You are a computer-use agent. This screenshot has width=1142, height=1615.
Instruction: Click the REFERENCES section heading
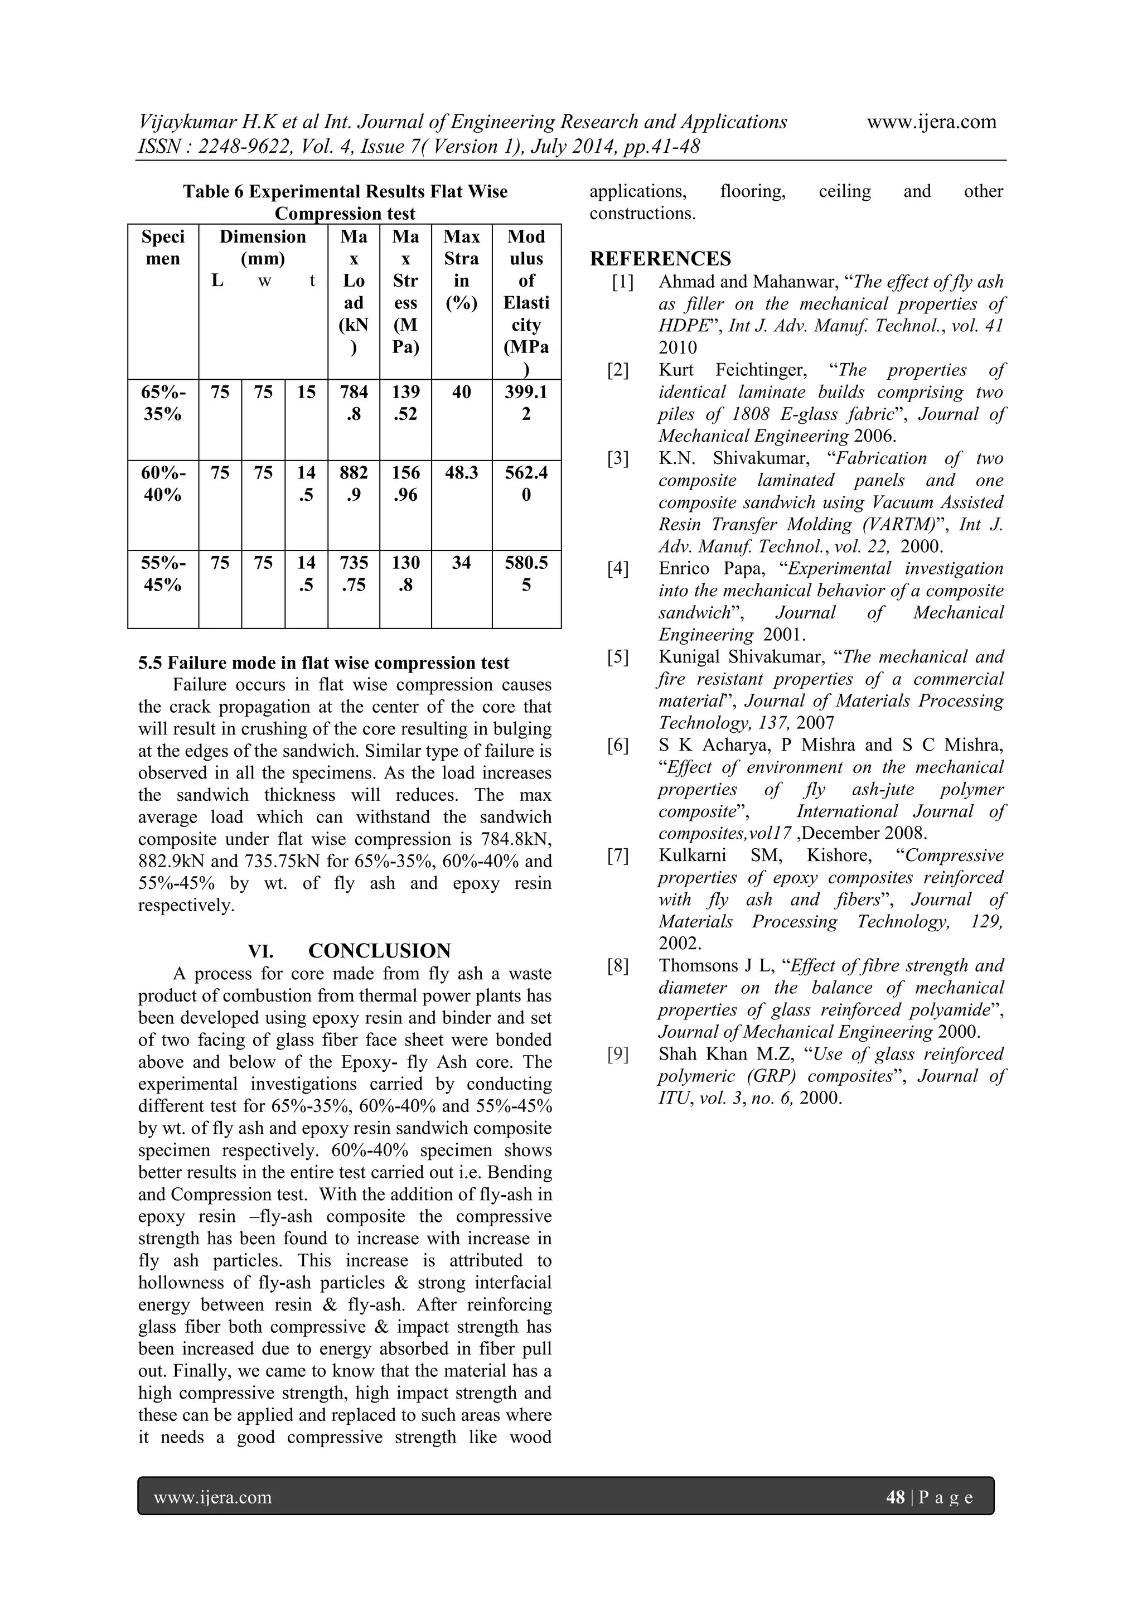[x=660, y=259]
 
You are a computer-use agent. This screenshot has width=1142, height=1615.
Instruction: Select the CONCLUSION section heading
[x=379, y=951]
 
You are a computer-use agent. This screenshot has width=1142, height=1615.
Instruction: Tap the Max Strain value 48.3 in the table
[x=461, y=473]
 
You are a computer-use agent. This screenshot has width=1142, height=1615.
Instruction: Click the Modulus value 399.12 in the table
[x=526, y=402]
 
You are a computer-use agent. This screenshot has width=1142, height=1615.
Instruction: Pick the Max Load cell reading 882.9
[x=353, y=483]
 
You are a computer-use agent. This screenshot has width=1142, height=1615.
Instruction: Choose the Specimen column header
[x=163, y=248]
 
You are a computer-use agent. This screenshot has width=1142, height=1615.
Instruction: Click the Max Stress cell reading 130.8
[x=406, y=573]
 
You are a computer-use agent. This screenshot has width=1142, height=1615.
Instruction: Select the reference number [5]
[x=618, y=657]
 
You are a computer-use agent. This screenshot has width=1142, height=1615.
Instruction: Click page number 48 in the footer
[x=895, y=1497]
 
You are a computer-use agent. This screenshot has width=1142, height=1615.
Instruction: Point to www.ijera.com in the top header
[x=931, y=122]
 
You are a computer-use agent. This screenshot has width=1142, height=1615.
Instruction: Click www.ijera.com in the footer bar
[x=212, y=1497]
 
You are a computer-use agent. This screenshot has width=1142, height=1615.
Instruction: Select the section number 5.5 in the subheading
[x=150, y=663]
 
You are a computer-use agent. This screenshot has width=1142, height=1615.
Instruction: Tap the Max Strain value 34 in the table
[x=461, y=563]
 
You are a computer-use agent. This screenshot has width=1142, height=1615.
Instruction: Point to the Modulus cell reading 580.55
[x=526, y=573]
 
